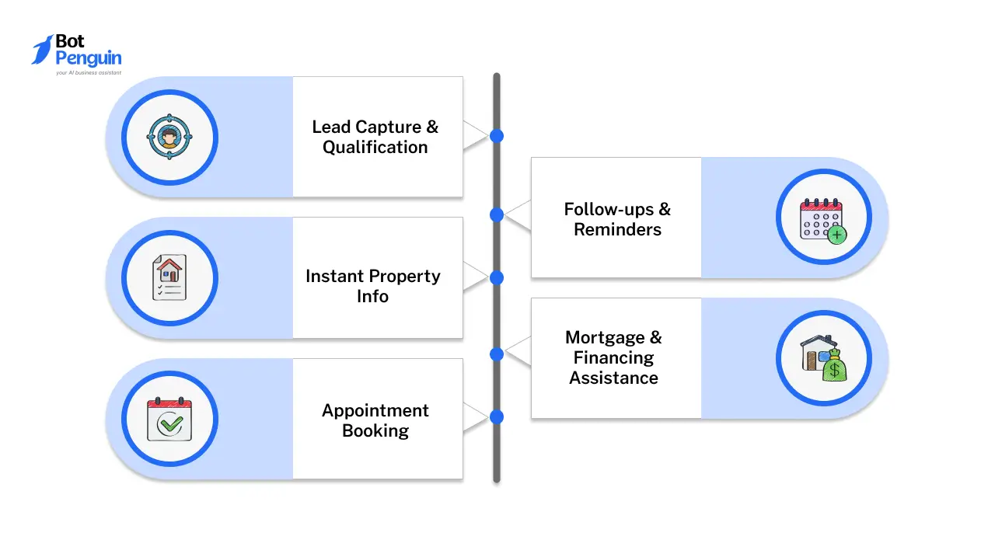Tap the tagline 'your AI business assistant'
[x=88, y=72]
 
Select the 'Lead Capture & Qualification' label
[x=375, y=137]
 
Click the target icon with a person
[x=169, y=138]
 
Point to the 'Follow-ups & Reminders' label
[x=617, y=219]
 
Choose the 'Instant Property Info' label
[x=373, y=286]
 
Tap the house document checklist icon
[x=169, y=278]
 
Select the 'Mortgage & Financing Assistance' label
[x=614, y=357]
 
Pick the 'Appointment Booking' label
[x=375, y=420]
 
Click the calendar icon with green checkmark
[x=169, y=420]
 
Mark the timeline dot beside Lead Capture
[x=497, y=136]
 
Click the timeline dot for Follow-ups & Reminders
[x=497, y=214]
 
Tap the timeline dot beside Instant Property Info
[x=497, y=277]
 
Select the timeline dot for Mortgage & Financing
[x=497, y=354]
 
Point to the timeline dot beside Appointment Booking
[x=497, y=417]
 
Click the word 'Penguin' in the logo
[x=89, y=58]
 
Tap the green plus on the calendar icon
[x=836, y=234]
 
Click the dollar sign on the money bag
[x=835, y=371]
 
